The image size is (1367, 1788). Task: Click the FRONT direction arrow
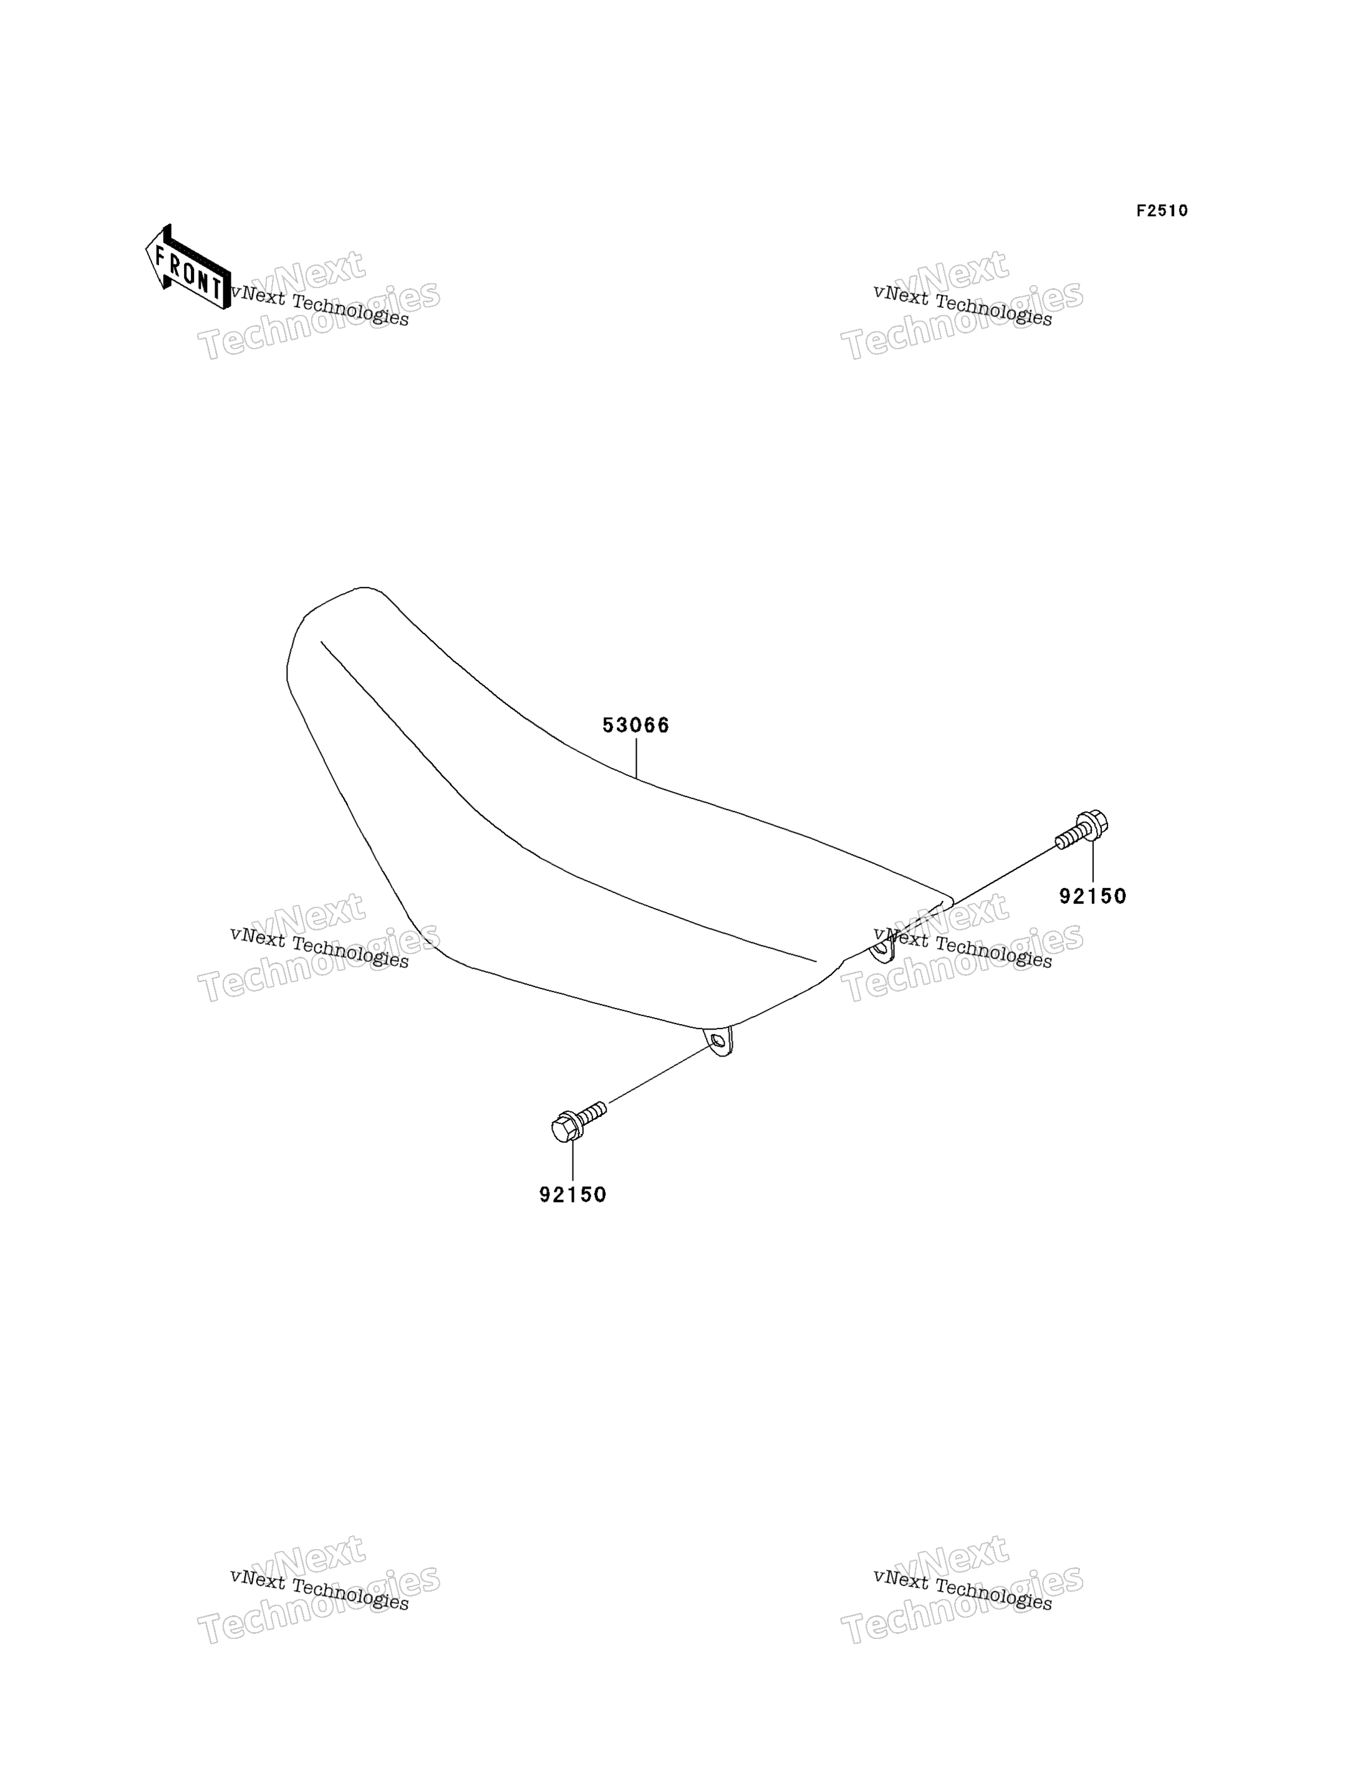pyautogui.click(x=188, y=267)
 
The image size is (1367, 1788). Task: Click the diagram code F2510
pyautogui.click(x=1162, y=211)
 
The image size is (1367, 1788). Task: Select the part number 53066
pyautogui.click(x=635, y=725)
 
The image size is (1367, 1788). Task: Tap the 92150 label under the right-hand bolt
pyautogui.click(x=1093, y=896)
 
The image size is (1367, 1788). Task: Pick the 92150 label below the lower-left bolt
pyautogui.click(x=573, y=1195)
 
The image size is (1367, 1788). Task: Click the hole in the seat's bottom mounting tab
pyautogui.click(x=717, y=1040)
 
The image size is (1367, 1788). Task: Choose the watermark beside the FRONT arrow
pyautogui.click(x=319, y=305)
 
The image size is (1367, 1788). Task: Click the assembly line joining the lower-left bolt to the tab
pyautogui.click(x=660, y=1073)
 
